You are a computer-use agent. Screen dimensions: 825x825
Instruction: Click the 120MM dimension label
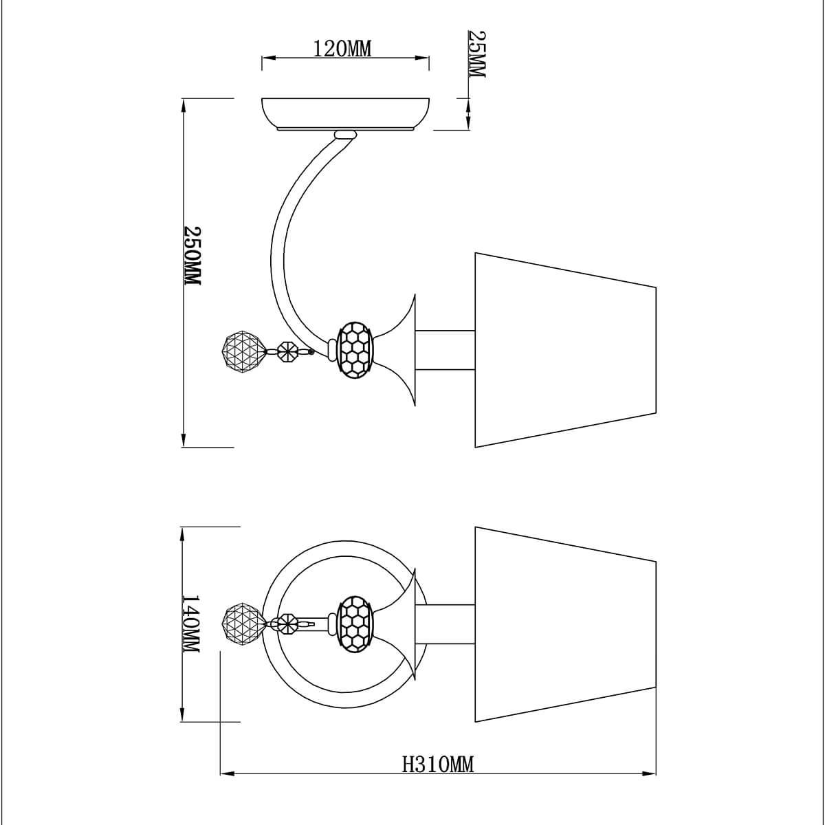point(342,49)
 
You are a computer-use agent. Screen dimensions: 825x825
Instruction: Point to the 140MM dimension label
point(191,629)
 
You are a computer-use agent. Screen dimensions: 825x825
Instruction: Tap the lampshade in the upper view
point(565,350)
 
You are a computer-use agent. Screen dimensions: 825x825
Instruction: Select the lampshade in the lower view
point(565,624)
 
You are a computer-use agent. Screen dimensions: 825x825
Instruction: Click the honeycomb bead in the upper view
point(355,350)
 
